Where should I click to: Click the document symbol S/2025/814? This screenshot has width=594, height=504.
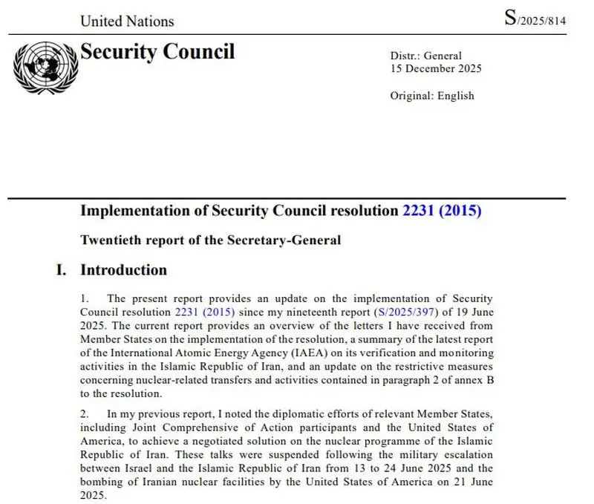tap(535, 19)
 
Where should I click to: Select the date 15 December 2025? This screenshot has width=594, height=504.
tap(436, 69)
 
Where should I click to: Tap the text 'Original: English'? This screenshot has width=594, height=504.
tap(431, 96)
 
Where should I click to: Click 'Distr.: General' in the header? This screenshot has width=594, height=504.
tap(425, 56)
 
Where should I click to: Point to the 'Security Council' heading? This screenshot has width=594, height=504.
tap(157, 52)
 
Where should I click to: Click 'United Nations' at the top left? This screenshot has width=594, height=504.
tap(127, 21)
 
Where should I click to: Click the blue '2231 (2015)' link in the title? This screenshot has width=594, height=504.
tap(442, 211)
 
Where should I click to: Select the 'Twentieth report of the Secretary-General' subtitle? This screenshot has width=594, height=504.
tap(211, 240)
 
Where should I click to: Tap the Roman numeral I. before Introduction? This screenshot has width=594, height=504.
tap(62, 269)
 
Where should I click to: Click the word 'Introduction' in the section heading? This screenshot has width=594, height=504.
tap(123, 269)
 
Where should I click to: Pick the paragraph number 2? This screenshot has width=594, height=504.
tap(84, 413)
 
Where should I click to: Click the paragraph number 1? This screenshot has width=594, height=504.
tap(84, 299)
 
